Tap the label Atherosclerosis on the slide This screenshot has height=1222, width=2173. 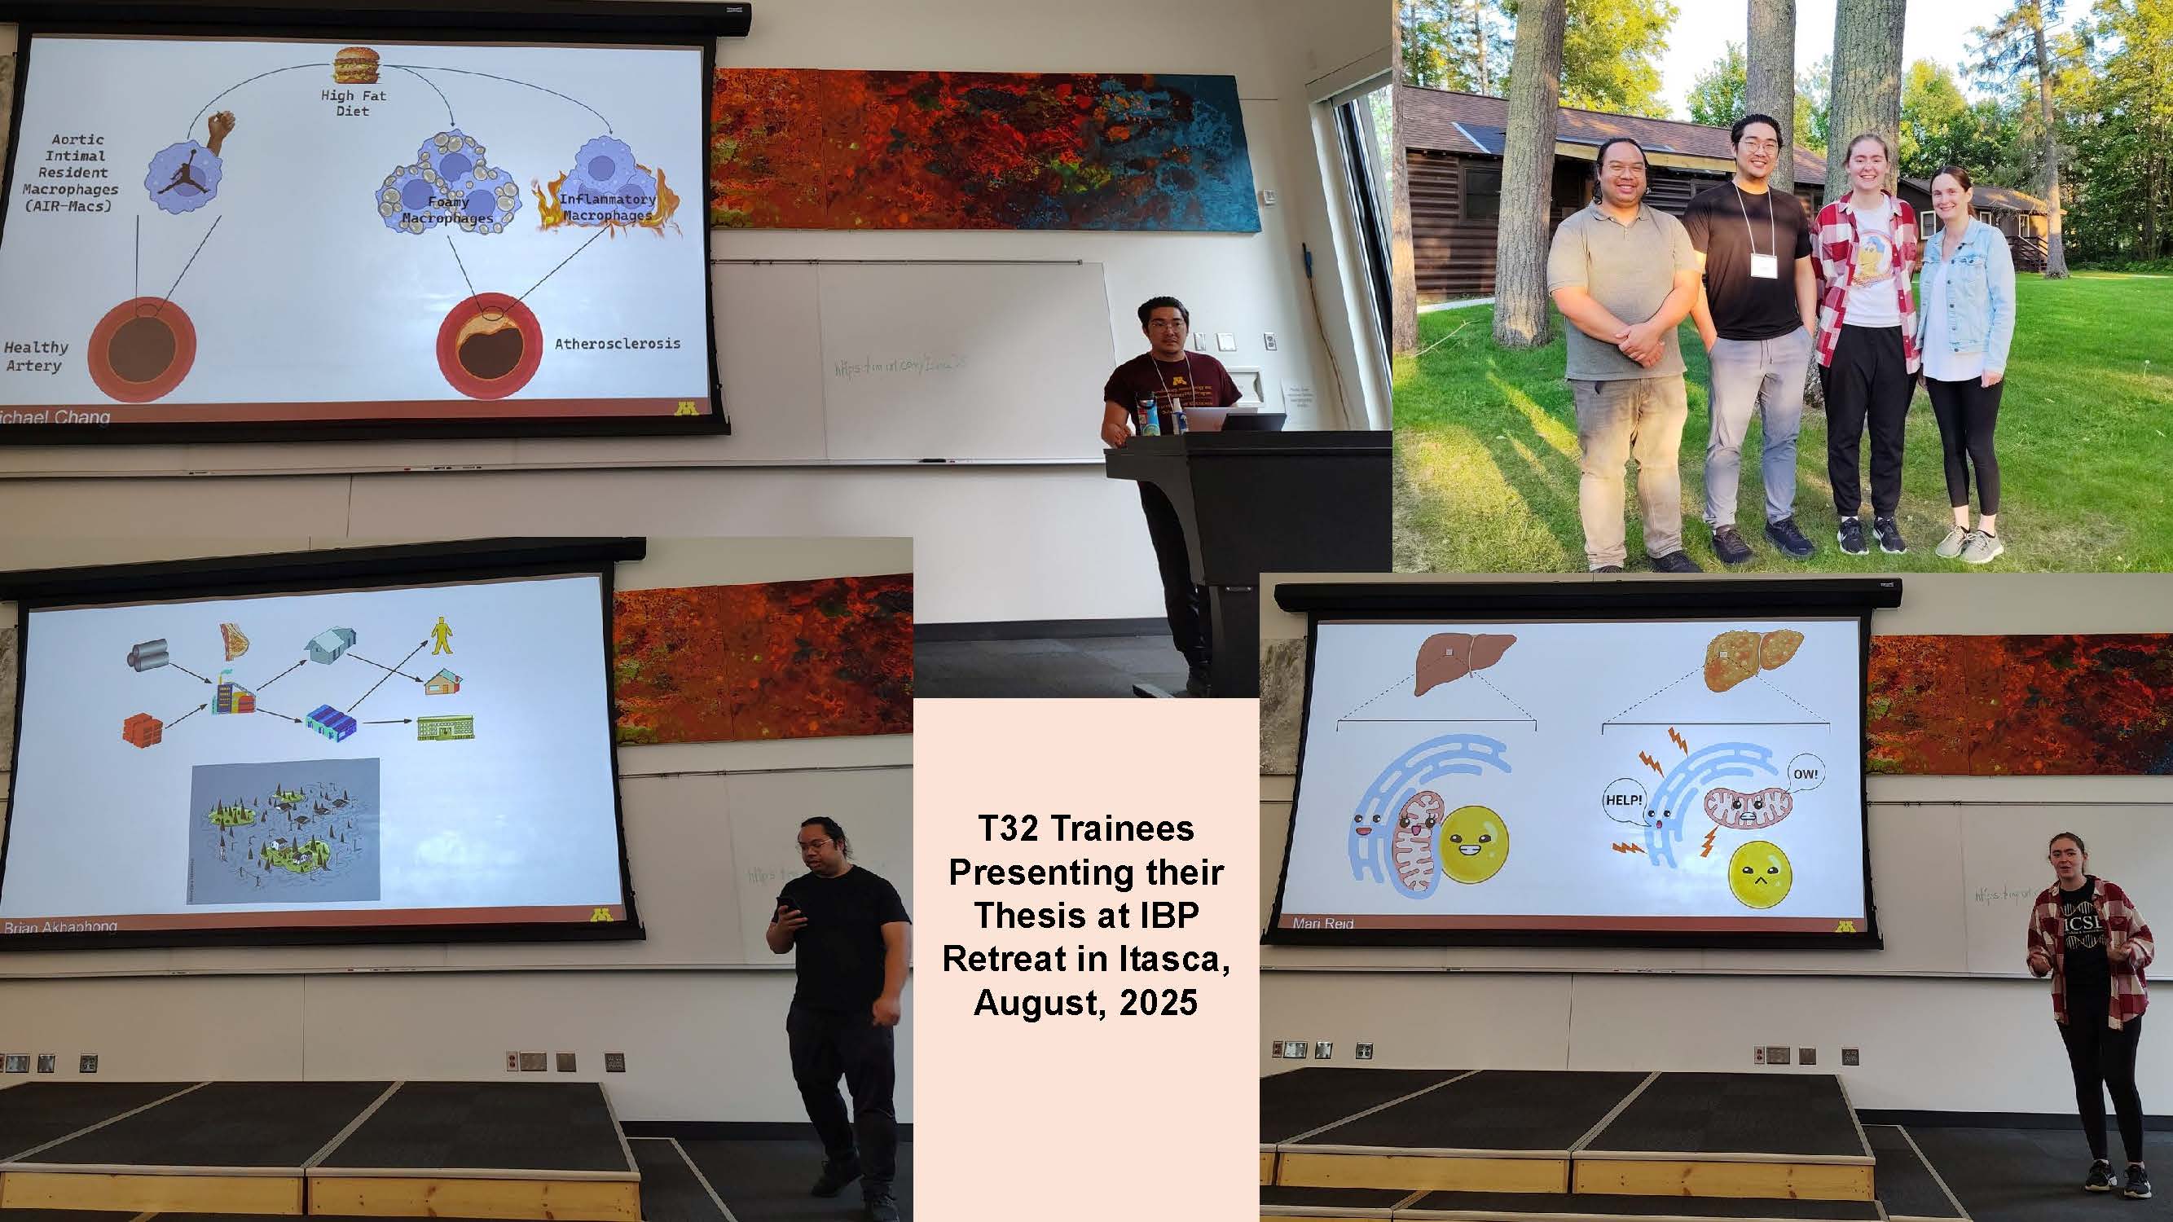617,344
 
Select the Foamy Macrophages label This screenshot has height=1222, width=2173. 447,210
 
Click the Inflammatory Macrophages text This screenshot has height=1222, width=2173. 607,208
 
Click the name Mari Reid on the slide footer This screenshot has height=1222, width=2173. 1322,924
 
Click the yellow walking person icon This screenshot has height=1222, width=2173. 441,637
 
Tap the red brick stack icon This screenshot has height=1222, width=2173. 141,728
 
